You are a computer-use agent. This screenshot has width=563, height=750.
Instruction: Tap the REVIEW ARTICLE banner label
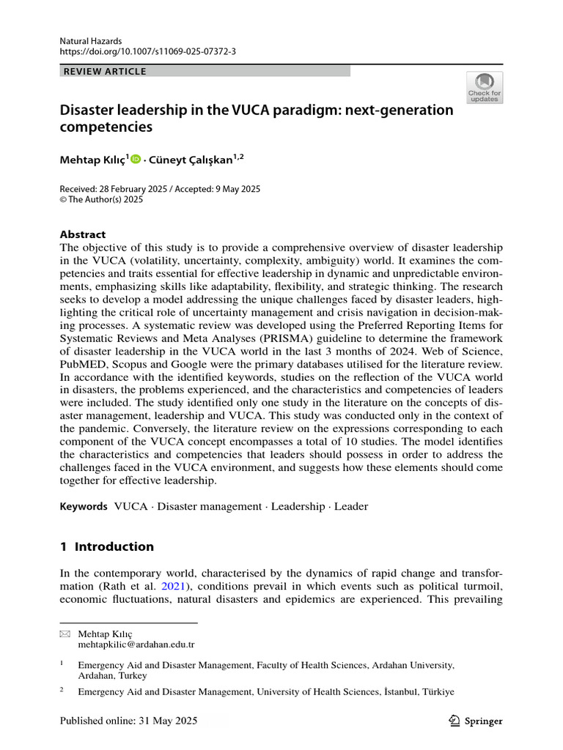click(x=106, y=71)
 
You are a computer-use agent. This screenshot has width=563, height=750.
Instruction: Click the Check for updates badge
click(x=484, y=87)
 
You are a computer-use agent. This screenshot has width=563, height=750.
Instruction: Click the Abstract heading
click(x=82, y=234)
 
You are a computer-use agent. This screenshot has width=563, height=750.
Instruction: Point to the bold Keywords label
click(x=84, y=506)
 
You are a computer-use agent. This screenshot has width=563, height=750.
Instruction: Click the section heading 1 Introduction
click(x=106, y=546)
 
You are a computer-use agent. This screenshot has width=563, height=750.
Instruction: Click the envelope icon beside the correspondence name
click(x=64, y=634)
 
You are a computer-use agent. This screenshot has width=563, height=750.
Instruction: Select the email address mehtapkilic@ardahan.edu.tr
click(x=136, y=645)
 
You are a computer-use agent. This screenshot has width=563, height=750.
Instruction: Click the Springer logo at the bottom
click(x=475, y=721)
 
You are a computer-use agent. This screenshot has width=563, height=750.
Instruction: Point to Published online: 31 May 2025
click(x=128, y=721)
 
